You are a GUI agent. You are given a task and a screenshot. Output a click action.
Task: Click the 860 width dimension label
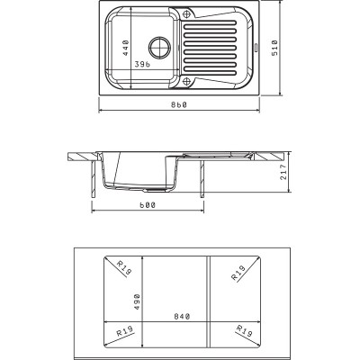[x=179, y=104]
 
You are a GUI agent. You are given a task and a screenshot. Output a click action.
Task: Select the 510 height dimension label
[x=274, y=48]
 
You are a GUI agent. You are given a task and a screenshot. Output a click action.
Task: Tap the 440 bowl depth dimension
[x=126, y=48]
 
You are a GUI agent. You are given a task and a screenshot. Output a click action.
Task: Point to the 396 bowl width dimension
[x=142, y=64]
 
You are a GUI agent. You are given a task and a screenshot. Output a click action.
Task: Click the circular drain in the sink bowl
[x=160, y=48]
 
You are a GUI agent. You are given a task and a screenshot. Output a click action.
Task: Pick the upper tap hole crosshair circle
[x=186, y=13]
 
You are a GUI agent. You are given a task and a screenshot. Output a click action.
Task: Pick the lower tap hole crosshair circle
[x=186, y=81]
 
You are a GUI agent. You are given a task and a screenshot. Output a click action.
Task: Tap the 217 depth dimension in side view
[x=283, y=172]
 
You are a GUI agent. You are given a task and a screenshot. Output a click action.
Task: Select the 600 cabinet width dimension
[x=148, y=205]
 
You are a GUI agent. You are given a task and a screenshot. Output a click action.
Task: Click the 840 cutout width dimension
[x=182, y=316]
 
